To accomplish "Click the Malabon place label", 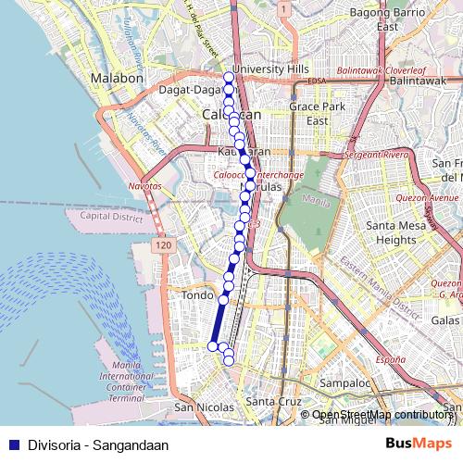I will (x=116, y=79).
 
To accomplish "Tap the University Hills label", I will (x=271, y=69).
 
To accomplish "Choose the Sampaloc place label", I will (x=344, y=382).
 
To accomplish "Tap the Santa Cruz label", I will (x=274, y=401).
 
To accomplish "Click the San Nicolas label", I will (x=198, y=407).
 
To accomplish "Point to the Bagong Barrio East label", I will (x=388, y=19).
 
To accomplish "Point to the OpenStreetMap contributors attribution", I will (x=382, y=415).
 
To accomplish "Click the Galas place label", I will (x=445, y=319).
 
